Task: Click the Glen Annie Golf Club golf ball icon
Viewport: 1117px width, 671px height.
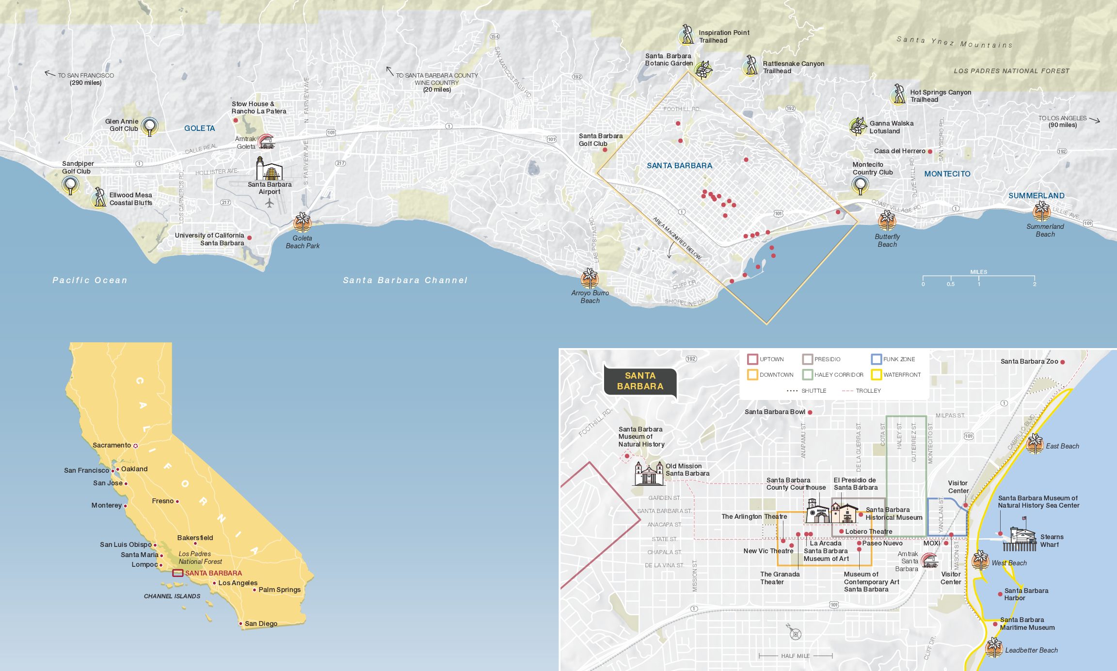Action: (149, 127)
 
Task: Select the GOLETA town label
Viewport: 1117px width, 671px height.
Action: (199, 128)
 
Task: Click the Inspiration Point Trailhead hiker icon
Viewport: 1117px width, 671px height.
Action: (686, 35)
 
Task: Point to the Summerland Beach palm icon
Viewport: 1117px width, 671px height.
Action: (1041, 211)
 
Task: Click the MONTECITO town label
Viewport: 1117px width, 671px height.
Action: (947, 174)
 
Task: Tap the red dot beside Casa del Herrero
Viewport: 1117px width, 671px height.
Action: (930, 152)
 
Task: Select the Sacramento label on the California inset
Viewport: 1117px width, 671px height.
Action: (112, 445)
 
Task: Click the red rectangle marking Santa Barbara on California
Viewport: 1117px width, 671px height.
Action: (178, 573)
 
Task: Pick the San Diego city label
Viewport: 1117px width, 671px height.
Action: (261, 623)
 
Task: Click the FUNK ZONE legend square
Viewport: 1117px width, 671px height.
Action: (876, 359)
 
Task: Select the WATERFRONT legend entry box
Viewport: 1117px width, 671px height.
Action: (876, 375)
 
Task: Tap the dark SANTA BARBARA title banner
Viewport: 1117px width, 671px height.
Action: (640, 381)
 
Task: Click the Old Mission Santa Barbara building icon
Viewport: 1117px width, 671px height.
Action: (649, 474)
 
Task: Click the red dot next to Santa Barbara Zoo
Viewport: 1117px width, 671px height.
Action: (1062, 362)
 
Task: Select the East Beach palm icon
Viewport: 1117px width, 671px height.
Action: (1035, 444)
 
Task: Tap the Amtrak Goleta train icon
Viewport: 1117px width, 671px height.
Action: (266, 142)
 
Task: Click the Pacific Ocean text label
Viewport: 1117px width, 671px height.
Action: (90, 280)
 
